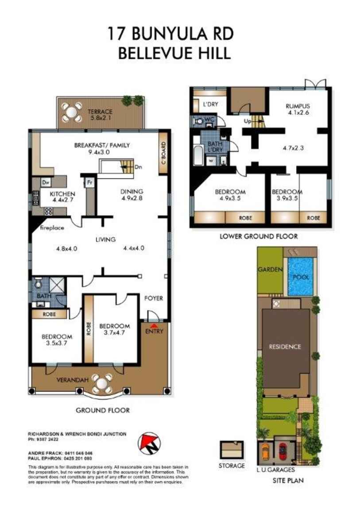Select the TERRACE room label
pos(100,112)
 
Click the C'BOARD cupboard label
pos(163,154)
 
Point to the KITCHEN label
pos(62,194)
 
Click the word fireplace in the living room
pos(53,228)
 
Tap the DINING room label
pos(132,192)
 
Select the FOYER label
pos(154,298)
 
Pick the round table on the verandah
pos(102,382)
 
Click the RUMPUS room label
pos(298,106)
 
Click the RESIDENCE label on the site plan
pos(285,347)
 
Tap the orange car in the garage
pos(265,452)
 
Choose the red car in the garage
pos(283,452)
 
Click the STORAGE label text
pos(232,466)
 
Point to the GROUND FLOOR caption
pos(103,410)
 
